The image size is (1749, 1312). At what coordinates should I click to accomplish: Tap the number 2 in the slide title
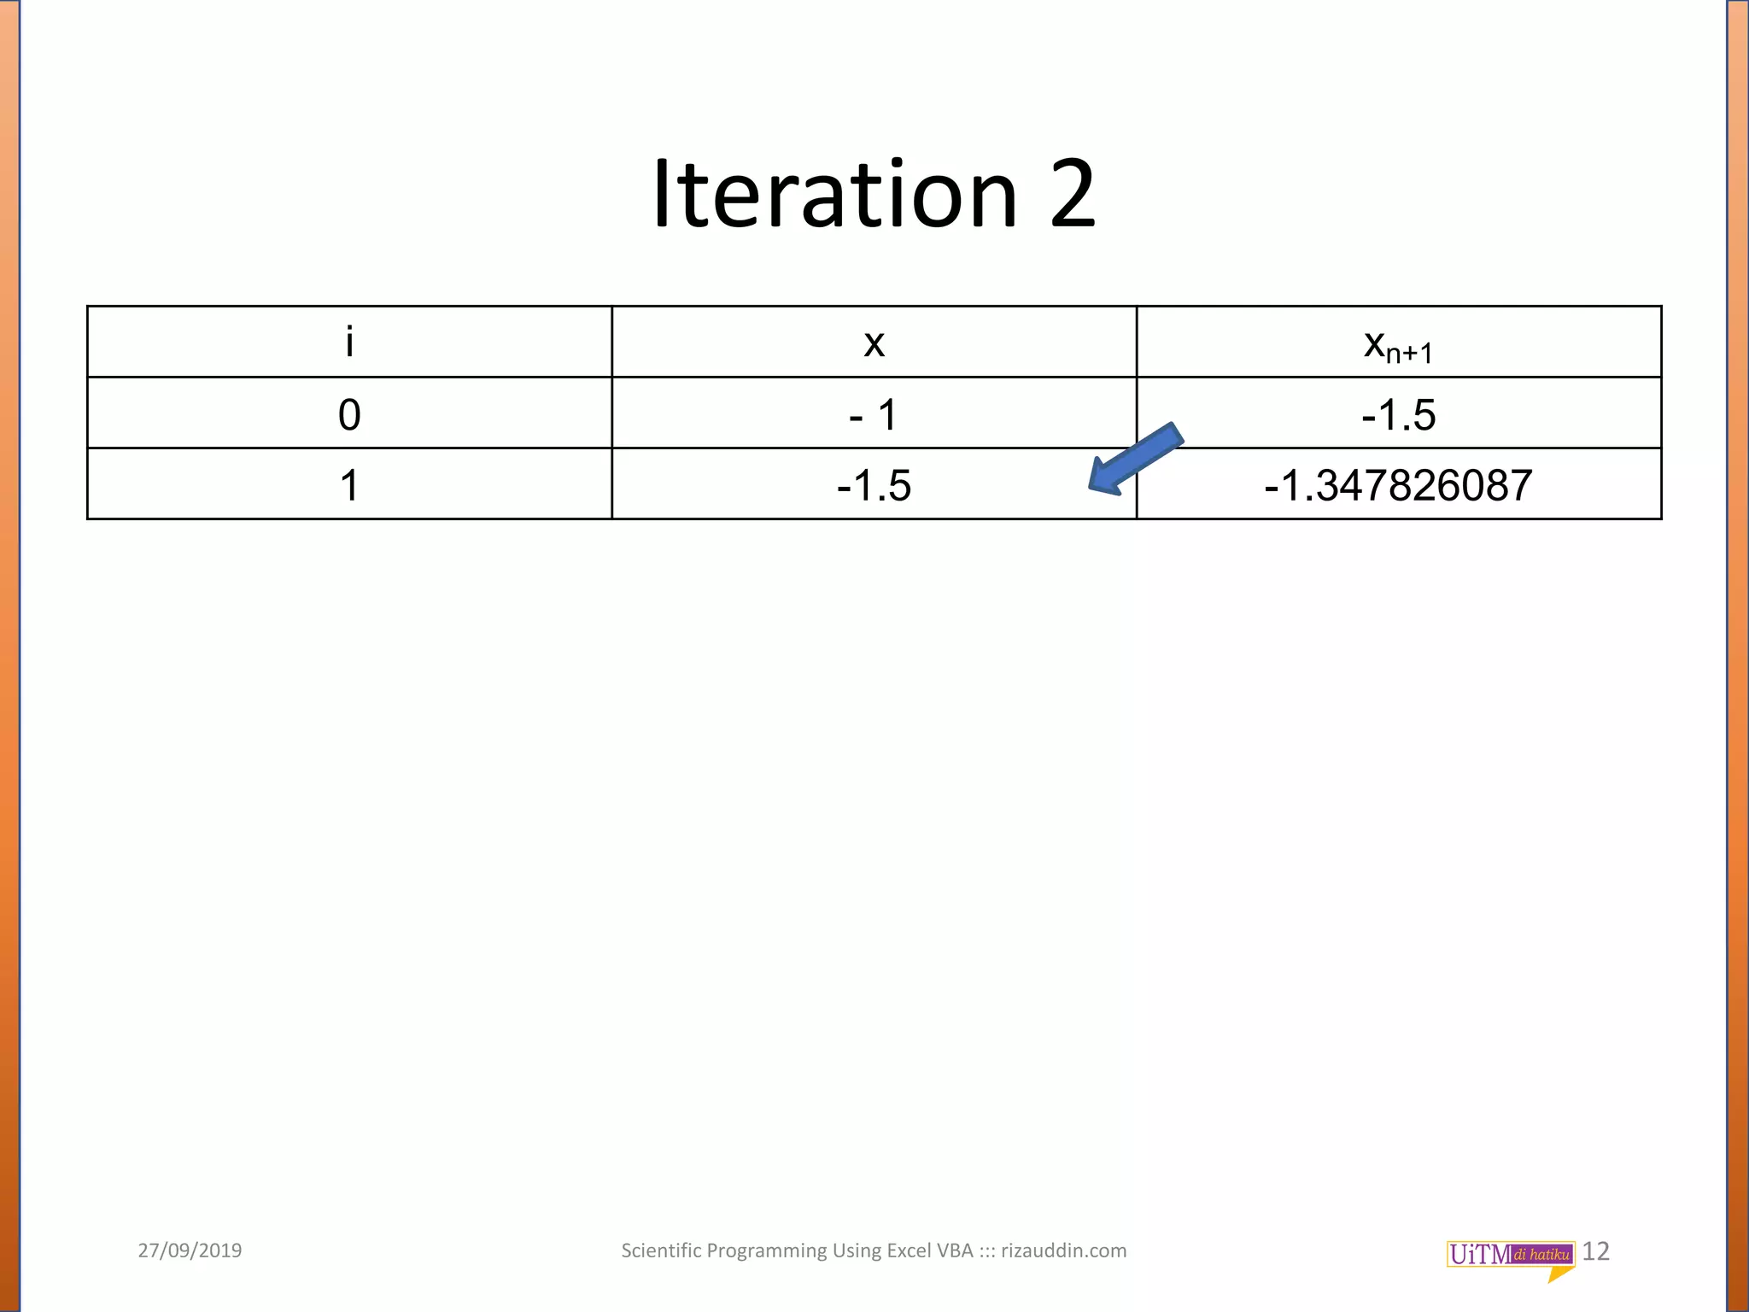point(1073,195)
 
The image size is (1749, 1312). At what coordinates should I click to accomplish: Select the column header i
point(349,343)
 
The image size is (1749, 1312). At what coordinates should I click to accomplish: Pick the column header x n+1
point(1398,345)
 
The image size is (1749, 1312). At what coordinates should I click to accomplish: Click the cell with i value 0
point(349,415)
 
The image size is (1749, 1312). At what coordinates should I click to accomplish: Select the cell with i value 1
point(349,485)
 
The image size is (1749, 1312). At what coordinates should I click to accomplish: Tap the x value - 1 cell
point(873,415)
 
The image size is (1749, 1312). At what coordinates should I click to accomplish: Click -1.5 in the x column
point(874,485)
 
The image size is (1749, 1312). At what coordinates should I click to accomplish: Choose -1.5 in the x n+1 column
point(1398,415)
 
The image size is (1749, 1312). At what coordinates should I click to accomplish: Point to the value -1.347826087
point(1398,485)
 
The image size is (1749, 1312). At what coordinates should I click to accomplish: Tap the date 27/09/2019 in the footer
point(190,1250)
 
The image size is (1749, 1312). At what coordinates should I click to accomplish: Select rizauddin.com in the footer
point(1063,1250)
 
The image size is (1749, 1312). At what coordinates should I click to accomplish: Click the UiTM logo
point(1510,1255)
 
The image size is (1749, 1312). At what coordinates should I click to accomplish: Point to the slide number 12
point(1595,1251)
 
